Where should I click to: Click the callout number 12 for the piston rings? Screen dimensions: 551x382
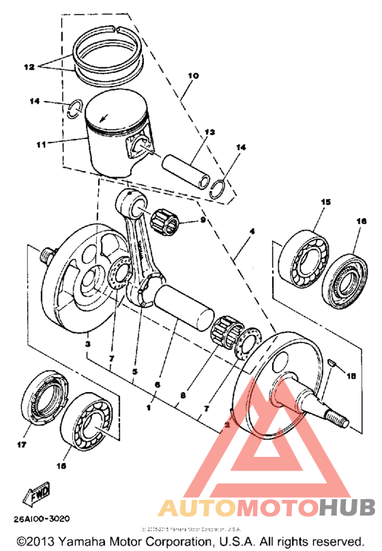tap(28, 68)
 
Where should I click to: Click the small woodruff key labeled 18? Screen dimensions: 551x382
tap(330, 363)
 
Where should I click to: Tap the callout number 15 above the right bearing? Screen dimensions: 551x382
tap(325, 202)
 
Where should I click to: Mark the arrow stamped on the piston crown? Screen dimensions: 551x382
tap(104, 117)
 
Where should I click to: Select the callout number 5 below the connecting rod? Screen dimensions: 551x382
tap(135, 372)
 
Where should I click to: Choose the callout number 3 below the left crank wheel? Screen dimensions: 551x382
tap(88, 345)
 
